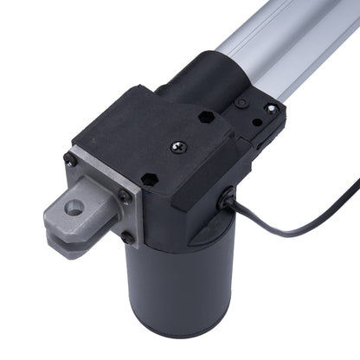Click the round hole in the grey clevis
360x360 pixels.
coord(74,208)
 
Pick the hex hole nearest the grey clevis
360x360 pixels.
coord(148,179)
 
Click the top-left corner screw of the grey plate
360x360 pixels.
coord(70,159)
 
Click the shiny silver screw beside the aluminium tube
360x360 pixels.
coord(271,109)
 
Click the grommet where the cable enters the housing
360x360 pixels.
coord(227,201)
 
